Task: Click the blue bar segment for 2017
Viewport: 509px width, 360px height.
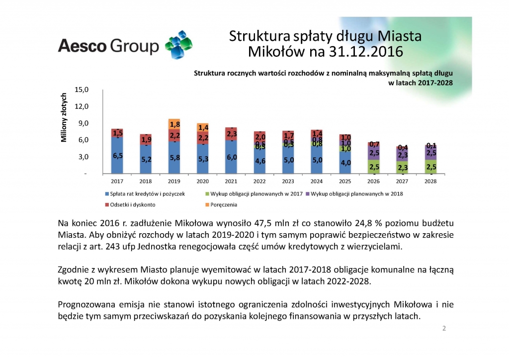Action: tap(117, 155)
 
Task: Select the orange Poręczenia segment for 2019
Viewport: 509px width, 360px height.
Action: tap(175, 124)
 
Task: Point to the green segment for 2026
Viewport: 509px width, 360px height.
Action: tap(375, 167)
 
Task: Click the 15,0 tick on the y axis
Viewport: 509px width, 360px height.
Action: tap(81, 90)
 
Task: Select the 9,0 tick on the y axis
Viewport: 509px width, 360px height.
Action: tap(81, 123)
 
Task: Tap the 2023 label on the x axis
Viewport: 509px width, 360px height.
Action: tap(289, 181)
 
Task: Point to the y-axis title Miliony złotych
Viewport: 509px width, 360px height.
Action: tap(64, 117)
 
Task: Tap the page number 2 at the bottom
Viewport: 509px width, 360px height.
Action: tap(444, 329)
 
